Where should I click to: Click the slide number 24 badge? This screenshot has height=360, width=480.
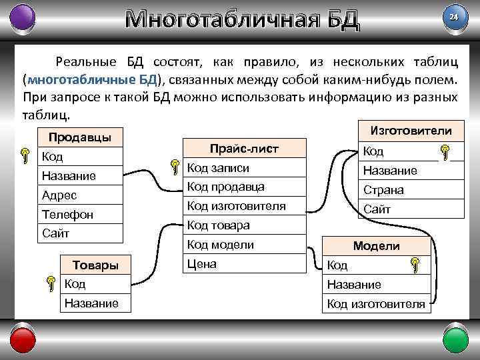(454, 17)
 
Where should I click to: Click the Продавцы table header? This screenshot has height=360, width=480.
(76, 138)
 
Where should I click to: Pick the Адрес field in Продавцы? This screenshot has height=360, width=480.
(59, 195)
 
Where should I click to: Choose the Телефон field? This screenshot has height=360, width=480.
(67, 215)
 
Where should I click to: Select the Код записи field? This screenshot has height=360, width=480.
(219, 168)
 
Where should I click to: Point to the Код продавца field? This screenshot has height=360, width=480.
(226, 187)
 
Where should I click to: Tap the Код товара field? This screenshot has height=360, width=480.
(219, 225)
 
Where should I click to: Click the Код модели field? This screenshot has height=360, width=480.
(221, 245)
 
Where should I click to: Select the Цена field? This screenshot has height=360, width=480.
(202, 264)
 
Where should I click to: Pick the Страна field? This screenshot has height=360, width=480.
(383, 190)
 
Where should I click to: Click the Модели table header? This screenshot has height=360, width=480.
(376, 246)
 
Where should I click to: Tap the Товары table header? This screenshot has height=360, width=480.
(95, 265)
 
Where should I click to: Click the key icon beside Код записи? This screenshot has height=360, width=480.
(175, 167)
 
